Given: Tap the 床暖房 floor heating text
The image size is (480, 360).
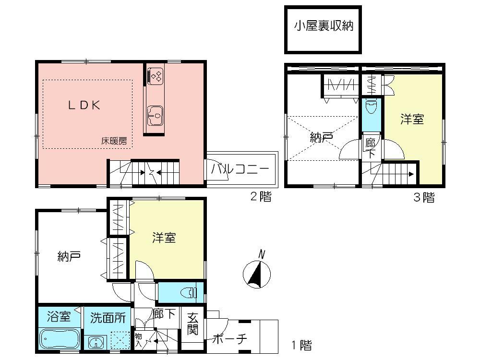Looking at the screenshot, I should [x=113, y=142].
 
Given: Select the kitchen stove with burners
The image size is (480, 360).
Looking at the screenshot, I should [x=156, y=76].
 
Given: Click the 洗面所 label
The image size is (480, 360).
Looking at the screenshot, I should [x=108, y=317].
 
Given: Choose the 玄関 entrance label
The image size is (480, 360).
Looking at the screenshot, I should [x=192, y=324].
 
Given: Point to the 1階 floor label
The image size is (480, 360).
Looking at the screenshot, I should [x=301, y=345].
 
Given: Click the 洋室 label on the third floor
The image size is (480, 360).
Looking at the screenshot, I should [x=412, y=120].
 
